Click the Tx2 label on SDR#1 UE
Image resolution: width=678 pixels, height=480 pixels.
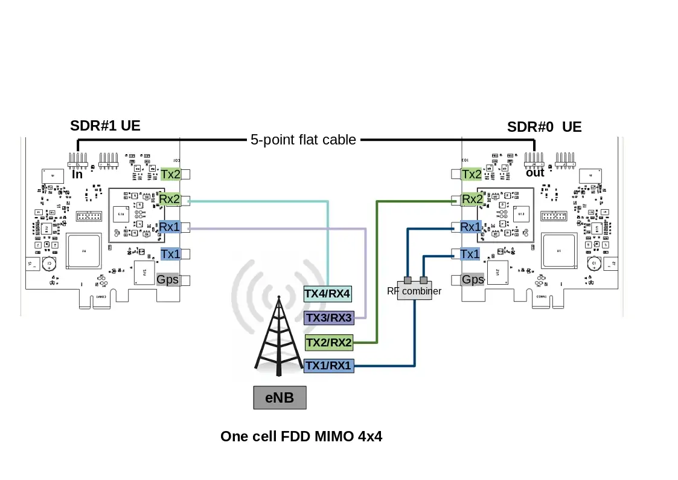point(170,174)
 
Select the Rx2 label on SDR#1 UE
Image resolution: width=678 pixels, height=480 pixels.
point(170,199)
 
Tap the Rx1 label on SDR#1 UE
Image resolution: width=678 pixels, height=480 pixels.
point(170,227)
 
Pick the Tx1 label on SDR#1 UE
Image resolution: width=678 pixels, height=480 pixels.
point(170,254)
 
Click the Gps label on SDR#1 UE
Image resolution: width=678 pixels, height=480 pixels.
point(168,279)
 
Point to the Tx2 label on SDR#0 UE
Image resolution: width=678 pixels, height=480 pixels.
point(472,174)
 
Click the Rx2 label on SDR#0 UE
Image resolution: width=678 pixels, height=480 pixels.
point(472,199)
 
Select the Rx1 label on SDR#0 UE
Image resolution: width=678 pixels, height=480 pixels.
point(471,227)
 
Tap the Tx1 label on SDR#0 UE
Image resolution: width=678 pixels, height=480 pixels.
point(470,254)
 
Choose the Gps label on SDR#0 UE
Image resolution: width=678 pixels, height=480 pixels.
point(473,279)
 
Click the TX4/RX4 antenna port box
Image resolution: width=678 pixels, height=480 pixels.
point(327,294)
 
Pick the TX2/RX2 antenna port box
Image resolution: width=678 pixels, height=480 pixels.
point(329,343)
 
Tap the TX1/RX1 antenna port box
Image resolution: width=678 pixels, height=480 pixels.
point(328,365)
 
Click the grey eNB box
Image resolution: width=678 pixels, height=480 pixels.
point(280,398)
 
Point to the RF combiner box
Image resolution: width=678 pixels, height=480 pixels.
point(415,291)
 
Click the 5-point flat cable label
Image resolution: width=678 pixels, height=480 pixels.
point(303,140)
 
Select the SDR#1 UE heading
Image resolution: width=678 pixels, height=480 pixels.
point(105,126)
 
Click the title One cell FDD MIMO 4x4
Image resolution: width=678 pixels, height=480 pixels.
point(301,436)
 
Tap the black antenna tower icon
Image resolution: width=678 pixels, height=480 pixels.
point(278,339)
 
